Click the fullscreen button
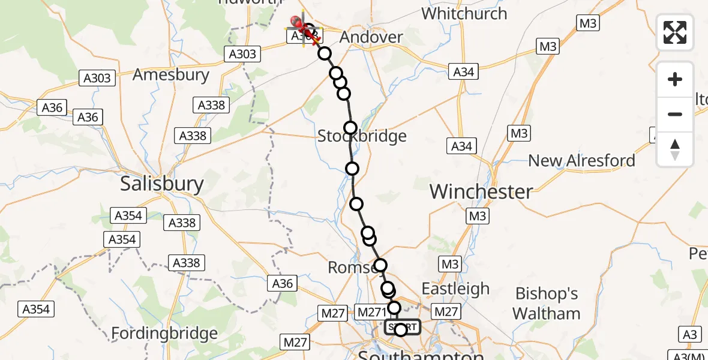click(675, 32)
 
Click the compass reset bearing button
click(675, 149)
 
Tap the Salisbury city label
click(162, 184)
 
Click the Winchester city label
click(481, 192)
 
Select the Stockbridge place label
click(362, 137)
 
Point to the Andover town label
click(371, 37)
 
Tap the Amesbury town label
click(171, 75)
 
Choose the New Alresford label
click(581, 161)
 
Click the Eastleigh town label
click(455, 289)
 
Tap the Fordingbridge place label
click(165, 334)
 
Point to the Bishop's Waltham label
click(547, 304)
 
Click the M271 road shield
click(372, 312)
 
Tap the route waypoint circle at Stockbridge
click(350, 128)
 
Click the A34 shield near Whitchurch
click(464, 72)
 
